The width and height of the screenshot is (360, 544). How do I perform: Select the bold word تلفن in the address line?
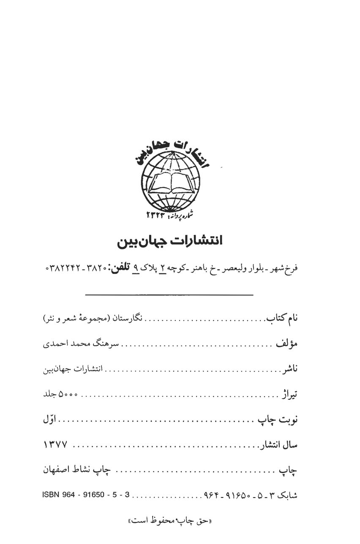coord(121,268)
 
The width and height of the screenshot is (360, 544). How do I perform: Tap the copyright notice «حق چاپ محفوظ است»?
coord(170,521)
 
